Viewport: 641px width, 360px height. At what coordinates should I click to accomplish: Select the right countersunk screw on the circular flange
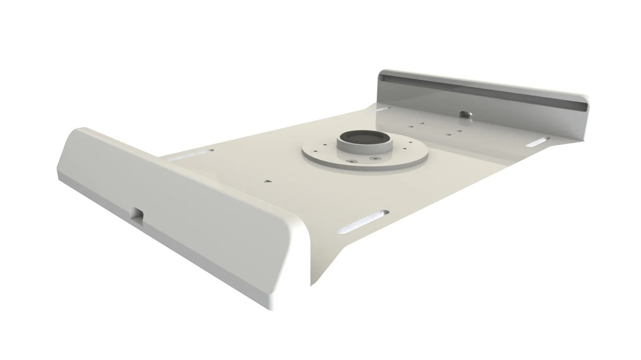375,158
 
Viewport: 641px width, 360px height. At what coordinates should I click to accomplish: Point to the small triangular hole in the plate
268,181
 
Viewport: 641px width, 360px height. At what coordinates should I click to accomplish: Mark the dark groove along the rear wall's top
480,90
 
